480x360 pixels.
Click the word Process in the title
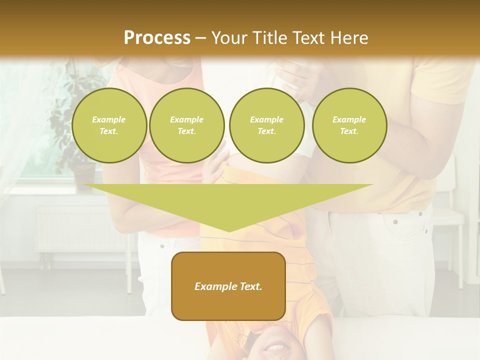click(157, 38)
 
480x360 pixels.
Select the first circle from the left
click(109, 125)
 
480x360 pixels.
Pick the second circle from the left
click(187, 125)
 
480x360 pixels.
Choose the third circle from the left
click(266, 125)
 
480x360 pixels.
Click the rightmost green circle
click(349, 125)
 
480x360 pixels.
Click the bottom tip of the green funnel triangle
click(229, 230)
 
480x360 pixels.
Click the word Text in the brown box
click(250, 286)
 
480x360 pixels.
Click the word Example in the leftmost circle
click(109, 119)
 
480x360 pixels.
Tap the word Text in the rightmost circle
click(349, 131)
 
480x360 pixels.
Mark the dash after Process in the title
click(200, 38)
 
